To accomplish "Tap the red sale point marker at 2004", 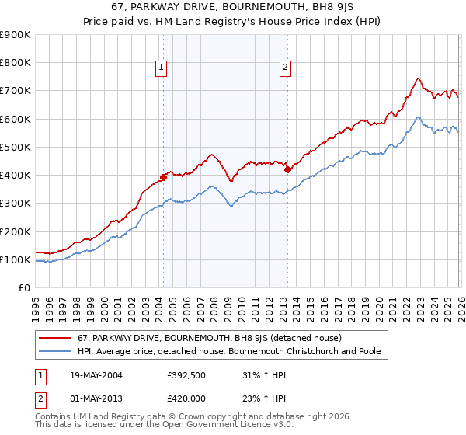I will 164,177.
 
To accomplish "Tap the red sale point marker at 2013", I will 287,169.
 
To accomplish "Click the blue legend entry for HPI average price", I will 228,352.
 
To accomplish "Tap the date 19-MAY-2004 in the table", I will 94,375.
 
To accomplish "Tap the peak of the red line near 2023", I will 418,78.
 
